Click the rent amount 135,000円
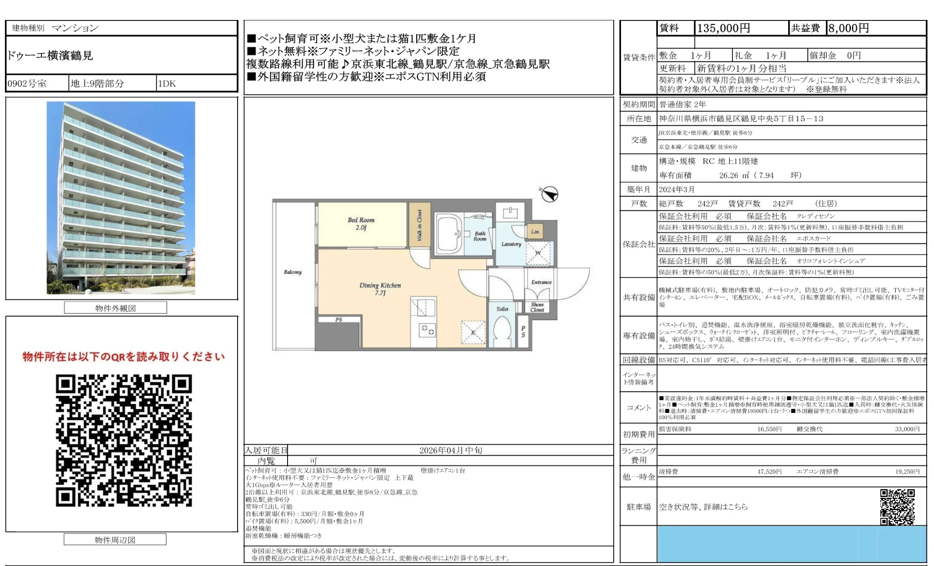click(723, 28)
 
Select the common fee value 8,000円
click(848, 28)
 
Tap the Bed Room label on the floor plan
click(361, 223)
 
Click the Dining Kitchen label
click(380, 288)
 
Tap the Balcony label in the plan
click(293, 272)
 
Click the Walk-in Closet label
click(419, 225)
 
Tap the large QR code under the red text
click(124, 440)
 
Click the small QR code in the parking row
click(897, 506)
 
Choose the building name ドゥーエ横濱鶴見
click(50, 55)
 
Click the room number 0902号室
click(27, 84)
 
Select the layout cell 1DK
click(167, 84)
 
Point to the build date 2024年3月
click(676, 189)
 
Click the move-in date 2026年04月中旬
click(450, 450)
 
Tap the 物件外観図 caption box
click(115, 308)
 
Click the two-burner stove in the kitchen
click(427, 330)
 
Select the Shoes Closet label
click(537, 307)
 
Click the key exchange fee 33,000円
click(907, 429)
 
